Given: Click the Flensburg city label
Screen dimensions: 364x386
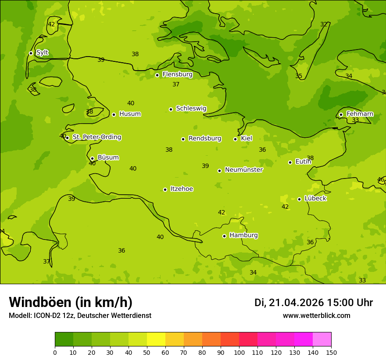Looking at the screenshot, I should click(177, 75).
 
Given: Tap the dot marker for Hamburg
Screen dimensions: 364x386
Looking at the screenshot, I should click(224, 236).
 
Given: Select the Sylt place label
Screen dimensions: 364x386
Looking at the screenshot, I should click(42, 53).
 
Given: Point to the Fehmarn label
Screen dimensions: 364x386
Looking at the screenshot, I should click(360, 114).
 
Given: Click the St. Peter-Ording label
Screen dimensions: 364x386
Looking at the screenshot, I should click(96, 137).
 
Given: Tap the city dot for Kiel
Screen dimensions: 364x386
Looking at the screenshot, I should click(235, 139).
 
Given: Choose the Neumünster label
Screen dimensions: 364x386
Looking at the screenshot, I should click(243, 170).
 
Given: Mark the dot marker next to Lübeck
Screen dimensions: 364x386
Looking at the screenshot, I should click(299, 199).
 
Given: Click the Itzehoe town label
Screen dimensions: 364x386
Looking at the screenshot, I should click(182, 189).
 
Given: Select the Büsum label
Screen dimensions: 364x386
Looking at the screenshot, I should click(108, 157).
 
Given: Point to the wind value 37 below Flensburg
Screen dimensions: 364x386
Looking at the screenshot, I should click(176, 84).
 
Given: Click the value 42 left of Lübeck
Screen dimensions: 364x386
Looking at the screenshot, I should click(285, 207).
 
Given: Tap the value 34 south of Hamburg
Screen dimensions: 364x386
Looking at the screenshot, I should click(253, 272).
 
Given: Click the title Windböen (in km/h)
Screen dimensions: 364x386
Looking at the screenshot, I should click(71, 302).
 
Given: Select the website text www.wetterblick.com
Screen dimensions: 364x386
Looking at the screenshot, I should click(316, 316).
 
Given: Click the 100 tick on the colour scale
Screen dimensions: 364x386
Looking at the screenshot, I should click(239, 353).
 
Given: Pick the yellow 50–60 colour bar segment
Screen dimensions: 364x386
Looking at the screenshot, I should click(156, 339).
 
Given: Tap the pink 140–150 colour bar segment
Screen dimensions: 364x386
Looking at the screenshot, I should click(322, 339).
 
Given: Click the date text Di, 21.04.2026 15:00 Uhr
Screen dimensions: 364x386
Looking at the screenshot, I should click(314, 303).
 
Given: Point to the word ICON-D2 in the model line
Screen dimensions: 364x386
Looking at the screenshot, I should click(46, 316).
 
